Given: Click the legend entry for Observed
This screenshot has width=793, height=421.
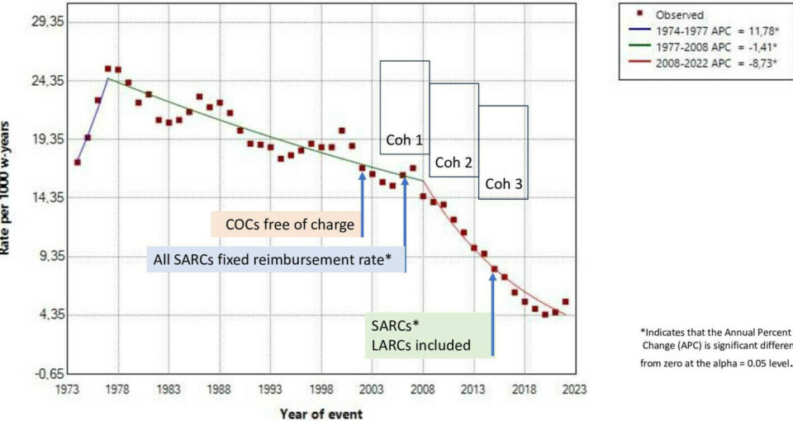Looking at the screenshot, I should (x=679, y=15).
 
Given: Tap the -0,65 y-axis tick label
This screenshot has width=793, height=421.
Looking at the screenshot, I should (x=43, y=374).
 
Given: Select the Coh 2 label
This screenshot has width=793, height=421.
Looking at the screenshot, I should (x=453, y=163).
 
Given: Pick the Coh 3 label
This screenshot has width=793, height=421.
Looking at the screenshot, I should (x=503, y=184).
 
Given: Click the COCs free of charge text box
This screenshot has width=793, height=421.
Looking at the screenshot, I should (x=283, y=225).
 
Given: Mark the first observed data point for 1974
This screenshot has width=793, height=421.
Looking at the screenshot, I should (x=77, y=163).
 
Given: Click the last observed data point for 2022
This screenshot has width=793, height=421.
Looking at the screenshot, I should (x=565, y=302).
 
